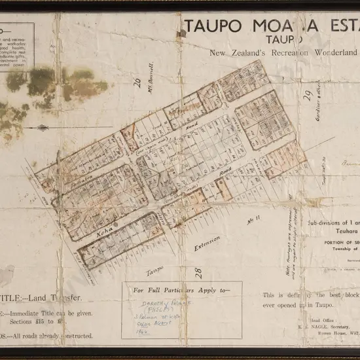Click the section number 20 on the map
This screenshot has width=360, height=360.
tap(137, 82)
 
